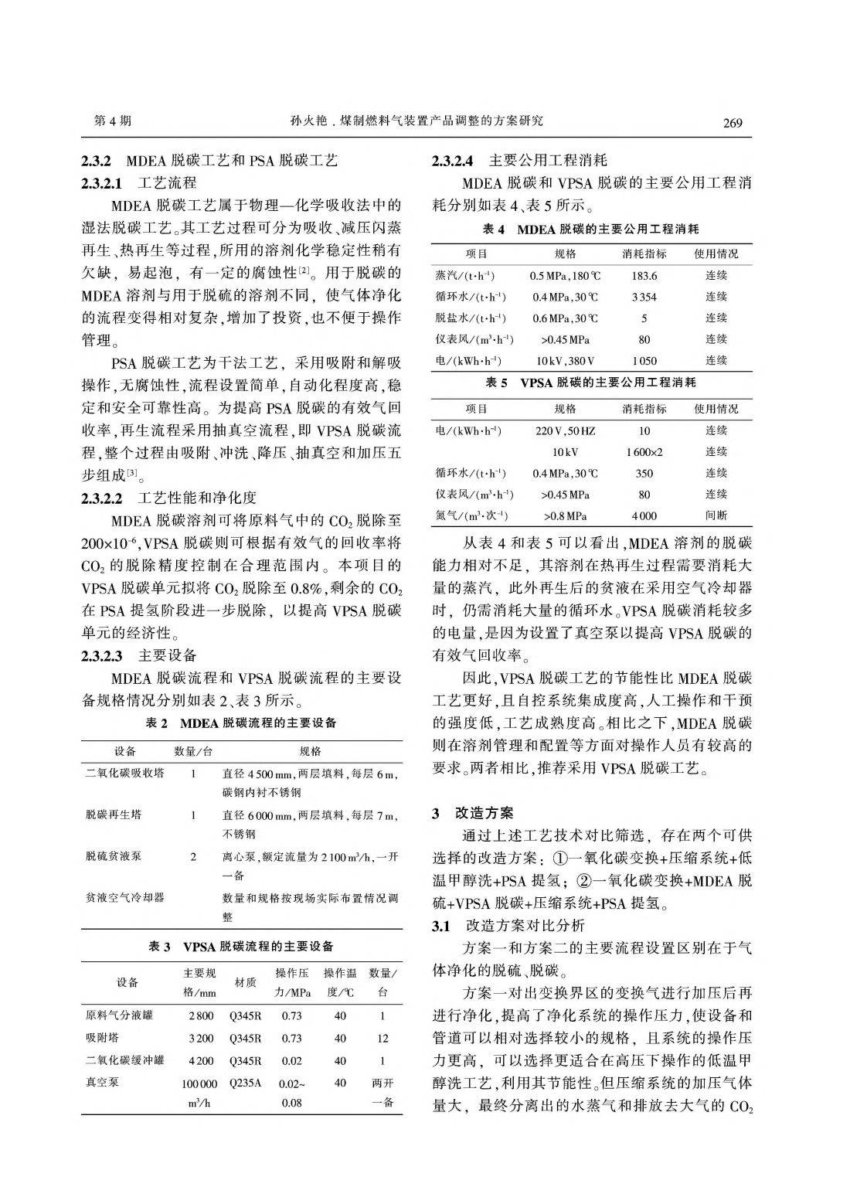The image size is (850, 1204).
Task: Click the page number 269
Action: (733, 123)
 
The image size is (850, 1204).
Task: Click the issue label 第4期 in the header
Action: (112, 121)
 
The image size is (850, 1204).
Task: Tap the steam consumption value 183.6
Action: (644, 276)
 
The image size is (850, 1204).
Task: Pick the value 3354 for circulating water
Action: (644, 297)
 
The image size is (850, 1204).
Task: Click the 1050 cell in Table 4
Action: (644, 361)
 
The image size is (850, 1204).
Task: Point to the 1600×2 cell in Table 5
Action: (644, 452)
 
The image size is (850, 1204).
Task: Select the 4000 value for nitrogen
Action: (644, 515)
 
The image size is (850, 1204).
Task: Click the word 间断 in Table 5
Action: (716, 515)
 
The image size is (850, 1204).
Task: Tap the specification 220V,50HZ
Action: (565, 430)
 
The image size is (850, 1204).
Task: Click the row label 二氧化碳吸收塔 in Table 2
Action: (124, 773)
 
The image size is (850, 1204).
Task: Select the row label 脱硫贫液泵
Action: (114, 856)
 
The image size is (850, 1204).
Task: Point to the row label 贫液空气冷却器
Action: (124, 898)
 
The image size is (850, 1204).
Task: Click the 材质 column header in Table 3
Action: (245, 982)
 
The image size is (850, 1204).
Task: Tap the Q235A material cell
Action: (245, 1083)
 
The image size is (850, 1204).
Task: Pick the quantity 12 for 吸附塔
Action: (382, 1039)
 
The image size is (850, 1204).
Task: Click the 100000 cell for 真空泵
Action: (199, 1083)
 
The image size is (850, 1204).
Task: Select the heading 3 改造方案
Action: (472, 813)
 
